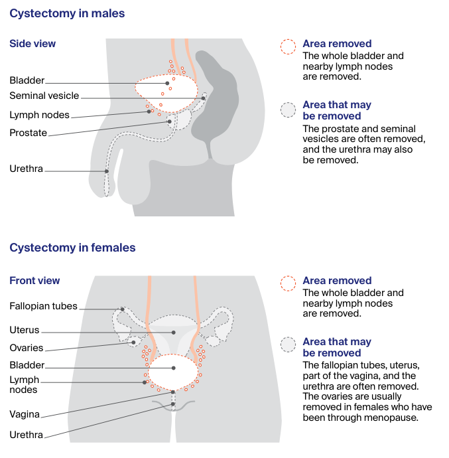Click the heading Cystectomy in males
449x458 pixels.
point(67,13)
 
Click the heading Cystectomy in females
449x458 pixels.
point(72,248)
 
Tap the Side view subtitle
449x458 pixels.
point(32,44)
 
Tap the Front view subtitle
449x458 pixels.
point(34,281)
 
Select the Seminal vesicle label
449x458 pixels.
point(44,96)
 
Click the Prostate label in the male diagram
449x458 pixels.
point(29,133)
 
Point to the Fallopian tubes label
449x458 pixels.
point(44,306)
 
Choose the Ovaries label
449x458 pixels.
point(27,348)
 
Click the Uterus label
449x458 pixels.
point(25,330)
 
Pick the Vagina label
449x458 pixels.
point(25,414)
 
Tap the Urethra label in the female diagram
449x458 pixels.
point(26,435)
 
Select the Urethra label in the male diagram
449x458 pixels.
point(26,169)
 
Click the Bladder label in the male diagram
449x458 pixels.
point(27,80)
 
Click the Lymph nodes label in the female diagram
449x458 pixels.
point(25,385)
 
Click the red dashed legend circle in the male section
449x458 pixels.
point(288,46)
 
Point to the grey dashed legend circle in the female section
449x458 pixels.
point(288,344)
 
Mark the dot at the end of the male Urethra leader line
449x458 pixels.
point(107,172)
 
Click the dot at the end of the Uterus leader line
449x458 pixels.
point(174,332)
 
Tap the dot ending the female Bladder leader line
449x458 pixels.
point(174,368)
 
